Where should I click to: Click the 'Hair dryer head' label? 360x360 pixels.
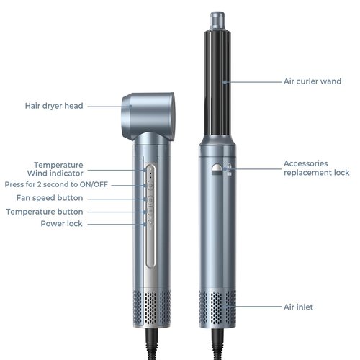(x=54, y=106)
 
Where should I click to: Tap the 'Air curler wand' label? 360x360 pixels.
(x=312, y=81)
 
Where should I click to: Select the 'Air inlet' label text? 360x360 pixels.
(x=298, y=307)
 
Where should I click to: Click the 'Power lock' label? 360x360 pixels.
(x=61, y=224)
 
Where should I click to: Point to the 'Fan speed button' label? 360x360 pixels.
(x=50, y=198)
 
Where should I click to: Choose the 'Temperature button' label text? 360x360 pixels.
(x=45, y=212)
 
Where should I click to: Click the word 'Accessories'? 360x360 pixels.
(x=305, y=163)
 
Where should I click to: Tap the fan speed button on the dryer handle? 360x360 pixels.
(x=150, y=199)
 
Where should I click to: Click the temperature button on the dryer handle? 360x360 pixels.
(x=150, y=210)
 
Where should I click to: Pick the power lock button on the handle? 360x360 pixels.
(x=150, y=223)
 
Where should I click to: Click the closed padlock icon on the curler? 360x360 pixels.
(x=229, y=166)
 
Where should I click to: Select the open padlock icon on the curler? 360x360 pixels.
(x=229, y=173)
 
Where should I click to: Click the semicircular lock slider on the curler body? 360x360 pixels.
(x=217, y=169)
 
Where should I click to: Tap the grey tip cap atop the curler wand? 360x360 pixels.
(x=217, y=21)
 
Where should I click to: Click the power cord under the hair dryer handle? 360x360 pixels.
(x=152, y=343)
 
